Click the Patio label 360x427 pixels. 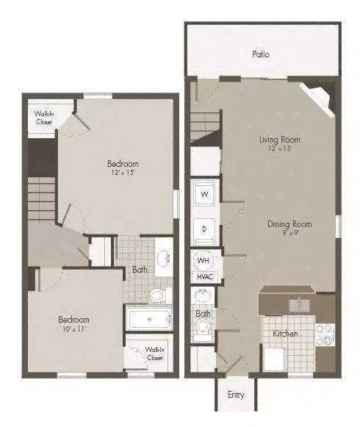click(261, 54)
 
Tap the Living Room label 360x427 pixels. click(280, 140)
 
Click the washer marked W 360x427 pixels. click(204, 193)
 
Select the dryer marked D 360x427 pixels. click(204, 230)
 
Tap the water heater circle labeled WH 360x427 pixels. click(204, 260)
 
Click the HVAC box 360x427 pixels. click(205, 277)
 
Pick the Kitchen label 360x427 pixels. click(285, 334)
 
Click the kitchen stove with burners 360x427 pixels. click(325, 335)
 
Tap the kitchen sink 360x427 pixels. click(299, 305)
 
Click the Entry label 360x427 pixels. click(236, 395)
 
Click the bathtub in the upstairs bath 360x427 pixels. click(149, 319)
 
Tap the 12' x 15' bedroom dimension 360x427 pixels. click(123, 173)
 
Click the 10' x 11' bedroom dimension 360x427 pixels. click(73, 329)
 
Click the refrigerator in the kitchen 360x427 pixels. click(275, 359)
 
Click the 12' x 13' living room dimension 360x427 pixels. click(280, 148)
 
